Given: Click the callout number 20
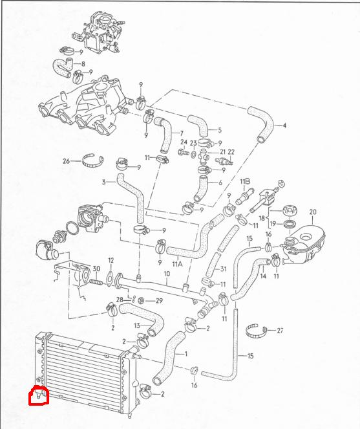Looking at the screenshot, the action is coord(313,212).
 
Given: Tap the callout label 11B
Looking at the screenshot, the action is coord(245,181).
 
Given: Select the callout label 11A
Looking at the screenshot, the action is coord(177,264).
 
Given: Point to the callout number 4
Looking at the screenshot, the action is coord(284,126).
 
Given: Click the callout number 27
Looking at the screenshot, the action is coord(280,331).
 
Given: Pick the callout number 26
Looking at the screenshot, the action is coord(66,161).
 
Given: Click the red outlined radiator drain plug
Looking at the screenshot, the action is coord(39,395).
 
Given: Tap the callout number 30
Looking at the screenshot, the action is coord(96,269).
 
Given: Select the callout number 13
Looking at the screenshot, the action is coord(137,325).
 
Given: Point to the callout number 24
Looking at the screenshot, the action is coord(184,142).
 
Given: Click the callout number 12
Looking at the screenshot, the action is coord(111,260).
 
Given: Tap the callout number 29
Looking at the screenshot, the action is coord(159,301).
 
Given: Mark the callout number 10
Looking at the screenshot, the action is coord(167,274).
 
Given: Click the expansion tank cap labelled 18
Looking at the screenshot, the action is coord(290,211).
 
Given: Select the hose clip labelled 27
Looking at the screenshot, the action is coord(257,331).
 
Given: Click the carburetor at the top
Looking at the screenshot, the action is coord(99,33).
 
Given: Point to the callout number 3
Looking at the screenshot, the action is coord(103,182).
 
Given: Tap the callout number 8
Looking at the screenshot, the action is coord(83,64).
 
